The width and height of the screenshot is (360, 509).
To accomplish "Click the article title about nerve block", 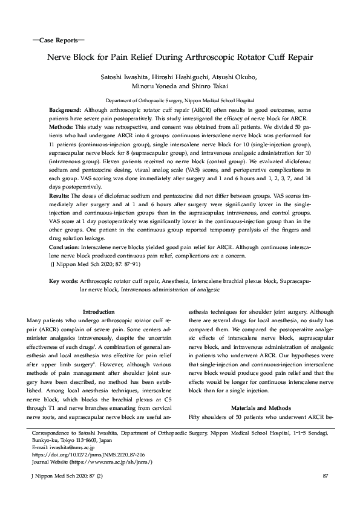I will [x=180, y=59].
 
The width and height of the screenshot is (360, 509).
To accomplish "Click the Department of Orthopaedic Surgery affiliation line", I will [x=180, y=100].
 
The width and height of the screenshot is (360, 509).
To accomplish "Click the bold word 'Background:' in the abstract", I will [x=65, y=111].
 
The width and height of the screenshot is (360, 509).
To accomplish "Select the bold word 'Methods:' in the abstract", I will [x=61, y=128].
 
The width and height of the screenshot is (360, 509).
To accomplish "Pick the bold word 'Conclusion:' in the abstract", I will [x=65, y=247].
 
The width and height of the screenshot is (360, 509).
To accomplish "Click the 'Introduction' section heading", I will [x=98, y=311].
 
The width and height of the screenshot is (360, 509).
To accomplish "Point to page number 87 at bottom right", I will [x=325, y=478].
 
